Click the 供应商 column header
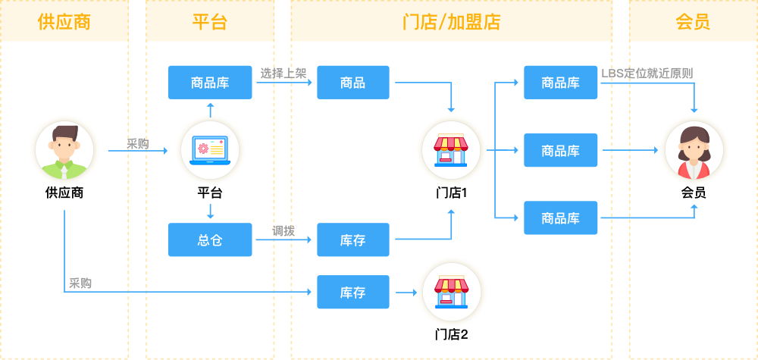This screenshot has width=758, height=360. tap(64, 21)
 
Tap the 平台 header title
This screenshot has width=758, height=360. tap(209, 21)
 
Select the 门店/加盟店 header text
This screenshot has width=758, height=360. tap(451, 21)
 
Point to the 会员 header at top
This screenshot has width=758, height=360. tap(693, 21)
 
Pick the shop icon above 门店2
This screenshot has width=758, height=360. tap(451, 292)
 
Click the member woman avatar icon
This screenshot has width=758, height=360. tap(694, 151)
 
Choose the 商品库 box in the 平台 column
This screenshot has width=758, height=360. tap(210, 83)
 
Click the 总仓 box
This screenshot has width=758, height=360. tap(210, 239)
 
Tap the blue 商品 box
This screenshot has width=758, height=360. tap(352, 83)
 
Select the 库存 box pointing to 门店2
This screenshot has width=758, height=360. tap(352, 292)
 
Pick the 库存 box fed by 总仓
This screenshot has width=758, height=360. tap(352, 239)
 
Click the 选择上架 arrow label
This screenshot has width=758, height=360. tap(283, 74)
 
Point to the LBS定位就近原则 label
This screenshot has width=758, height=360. tap(647, 74)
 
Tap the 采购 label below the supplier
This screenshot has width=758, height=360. tap(80, 283)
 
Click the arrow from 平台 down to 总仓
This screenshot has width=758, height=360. tap(210, 211)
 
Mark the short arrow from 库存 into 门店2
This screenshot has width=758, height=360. tap(408, 292)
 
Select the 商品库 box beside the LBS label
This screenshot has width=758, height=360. tap(561, 83)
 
